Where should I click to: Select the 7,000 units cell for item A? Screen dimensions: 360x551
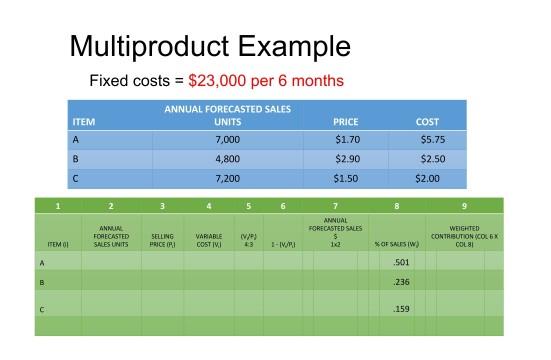pos(228,140)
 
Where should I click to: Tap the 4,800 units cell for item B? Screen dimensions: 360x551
pos(228,159)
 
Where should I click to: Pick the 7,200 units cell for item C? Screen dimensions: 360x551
pos(228,178)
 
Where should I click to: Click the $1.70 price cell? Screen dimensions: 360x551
pos(347,140)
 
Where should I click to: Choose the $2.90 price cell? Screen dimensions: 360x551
pos(347,159)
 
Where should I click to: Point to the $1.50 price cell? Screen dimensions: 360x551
pos(347,178)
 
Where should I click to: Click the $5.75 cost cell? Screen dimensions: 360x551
pos(432,140)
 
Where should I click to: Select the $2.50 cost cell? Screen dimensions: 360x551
pos(432,159)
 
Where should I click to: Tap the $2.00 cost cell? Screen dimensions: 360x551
pos(427,178)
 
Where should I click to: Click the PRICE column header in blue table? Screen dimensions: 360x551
pos(345,122)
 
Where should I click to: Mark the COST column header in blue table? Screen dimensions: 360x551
pos(427,122)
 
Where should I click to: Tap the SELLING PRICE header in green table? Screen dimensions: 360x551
pos(162,240)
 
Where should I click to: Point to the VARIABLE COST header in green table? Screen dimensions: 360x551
pos(209,240)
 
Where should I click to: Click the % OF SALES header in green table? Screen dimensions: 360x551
pos(396,244)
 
